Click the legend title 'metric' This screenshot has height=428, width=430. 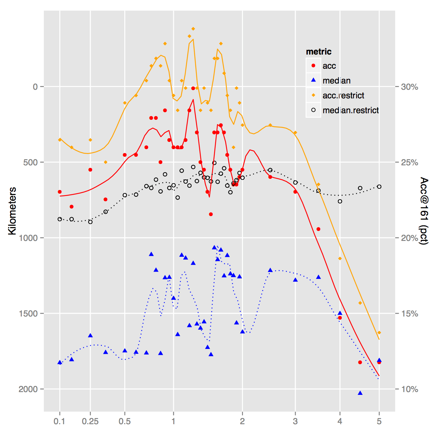319,52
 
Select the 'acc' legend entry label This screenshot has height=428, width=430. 329,66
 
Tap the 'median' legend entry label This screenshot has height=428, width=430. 336,81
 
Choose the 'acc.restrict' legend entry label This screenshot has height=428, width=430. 343,96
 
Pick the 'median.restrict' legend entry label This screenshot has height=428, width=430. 351,110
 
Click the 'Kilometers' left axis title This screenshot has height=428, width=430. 12,211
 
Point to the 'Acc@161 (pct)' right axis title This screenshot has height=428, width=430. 424,211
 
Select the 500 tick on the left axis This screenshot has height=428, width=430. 30,162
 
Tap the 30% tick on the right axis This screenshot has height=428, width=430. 409,87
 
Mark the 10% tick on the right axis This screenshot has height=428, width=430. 409,389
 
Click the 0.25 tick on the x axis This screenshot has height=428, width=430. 90,421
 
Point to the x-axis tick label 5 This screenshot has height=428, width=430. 379,421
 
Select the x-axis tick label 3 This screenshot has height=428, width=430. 295,421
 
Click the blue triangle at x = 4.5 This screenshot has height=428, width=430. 360,393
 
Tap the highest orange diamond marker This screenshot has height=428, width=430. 193,29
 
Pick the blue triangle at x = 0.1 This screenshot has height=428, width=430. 60,362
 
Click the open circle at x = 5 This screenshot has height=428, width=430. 379,187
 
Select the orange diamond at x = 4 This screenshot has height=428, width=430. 340,259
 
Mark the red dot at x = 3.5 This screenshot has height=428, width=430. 318,229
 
